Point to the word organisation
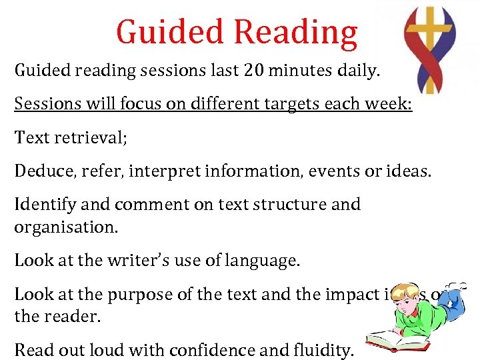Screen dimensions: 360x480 (x=65, y=227)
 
